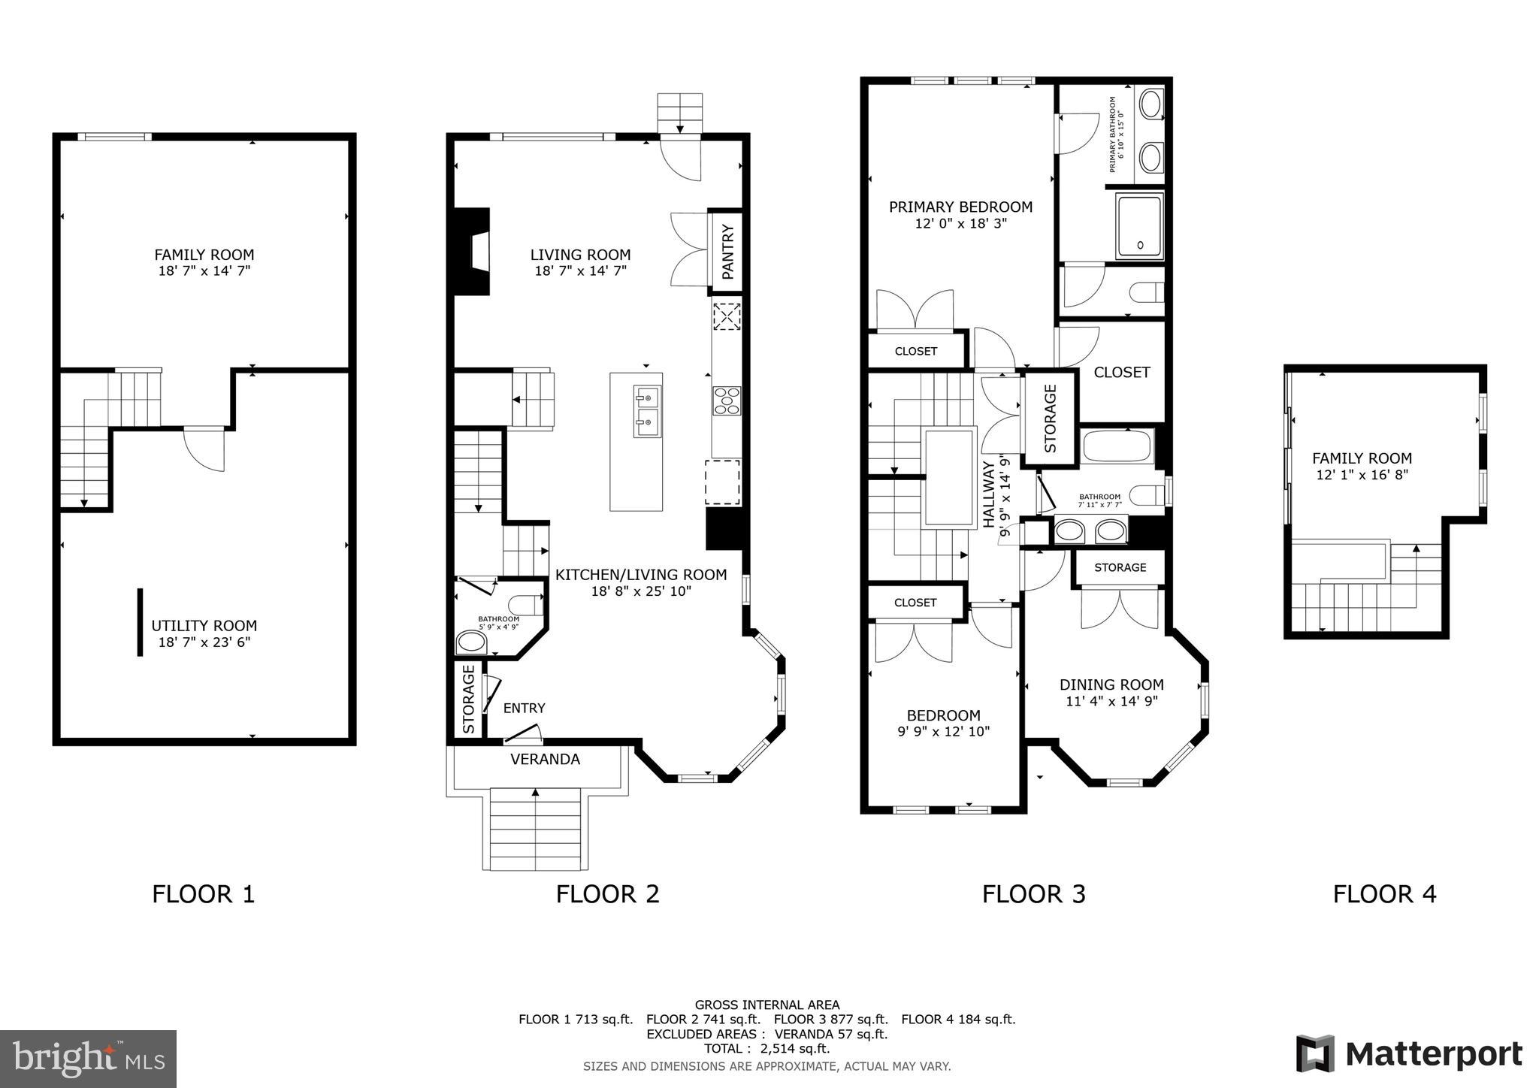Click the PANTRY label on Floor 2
click(x=727, y=251)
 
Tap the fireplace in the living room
click(x=471, y=252)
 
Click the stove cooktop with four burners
click(x=727, y=400)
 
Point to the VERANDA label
click(x=545, y=760)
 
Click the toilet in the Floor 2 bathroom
click(x=525, y=604)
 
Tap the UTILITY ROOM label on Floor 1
click(x=204, y=625)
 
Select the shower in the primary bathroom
click(x=1139, y=225)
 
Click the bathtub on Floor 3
click(x=1116, y=446)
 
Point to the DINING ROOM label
click(x=1111, y=685)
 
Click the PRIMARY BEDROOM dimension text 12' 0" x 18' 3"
click(x=960, y=223)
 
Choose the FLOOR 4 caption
click(x=1384, y=894)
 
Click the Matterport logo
click(x=1408, y=1054)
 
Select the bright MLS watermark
click(x=88, y=1059)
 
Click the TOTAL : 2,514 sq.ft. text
click(x=766, y=1048)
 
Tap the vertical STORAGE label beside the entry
click(x=469, y=699)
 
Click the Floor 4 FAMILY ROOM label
click(x=1362, y=458)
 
